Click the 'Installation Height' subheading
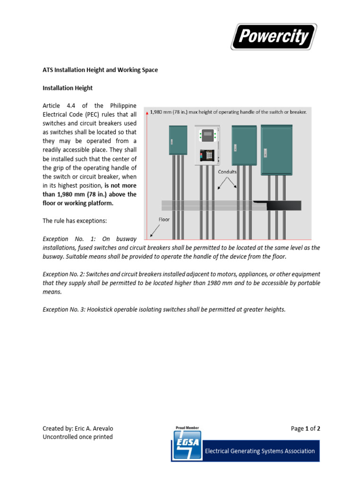click(x=68, y=88)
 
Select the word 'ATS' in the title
click(x=48, y=70)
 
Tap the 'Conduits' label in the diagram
click(x=227, y=172)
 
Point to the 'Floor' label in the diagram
click(x=164, y=220)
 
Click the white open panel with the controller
click(x=207, y=145)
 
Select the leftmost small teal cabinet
click(x=178, y=140)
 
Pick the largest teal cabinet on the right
click(x=280, y=149)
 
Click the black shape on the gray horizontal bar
click(x=279, y=206)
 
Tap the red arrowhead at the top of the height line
click(x=147, y=114)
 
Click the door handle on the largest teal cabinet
click(x=265, y=153)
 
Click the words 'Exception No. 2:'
click(x=65, y=274)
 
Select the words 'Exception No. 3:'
click(x=65, y=310)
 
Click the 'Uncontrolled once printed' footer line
click(x=78, y=437)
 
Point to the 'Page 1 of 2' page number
click(x=305, y=429)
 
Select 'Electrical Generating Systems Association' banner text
click(x=259, y=451)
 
